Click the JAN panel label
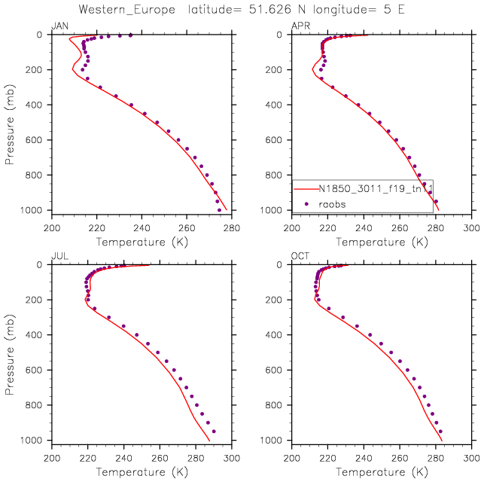click(58, 26)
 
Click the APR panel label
click(300, 26)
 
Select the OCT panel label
click(300, 257)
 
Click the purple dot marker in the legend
click(306, 203)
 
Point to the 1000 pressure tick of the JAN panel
click(36, 210)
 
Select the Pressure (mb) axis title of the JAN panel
click(11, 122)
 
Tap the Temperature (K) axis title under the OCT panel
click(382, 472)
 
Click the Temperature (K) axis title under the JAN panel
click(142, 242)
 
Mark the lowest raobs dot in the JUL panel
click(214, 432)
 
